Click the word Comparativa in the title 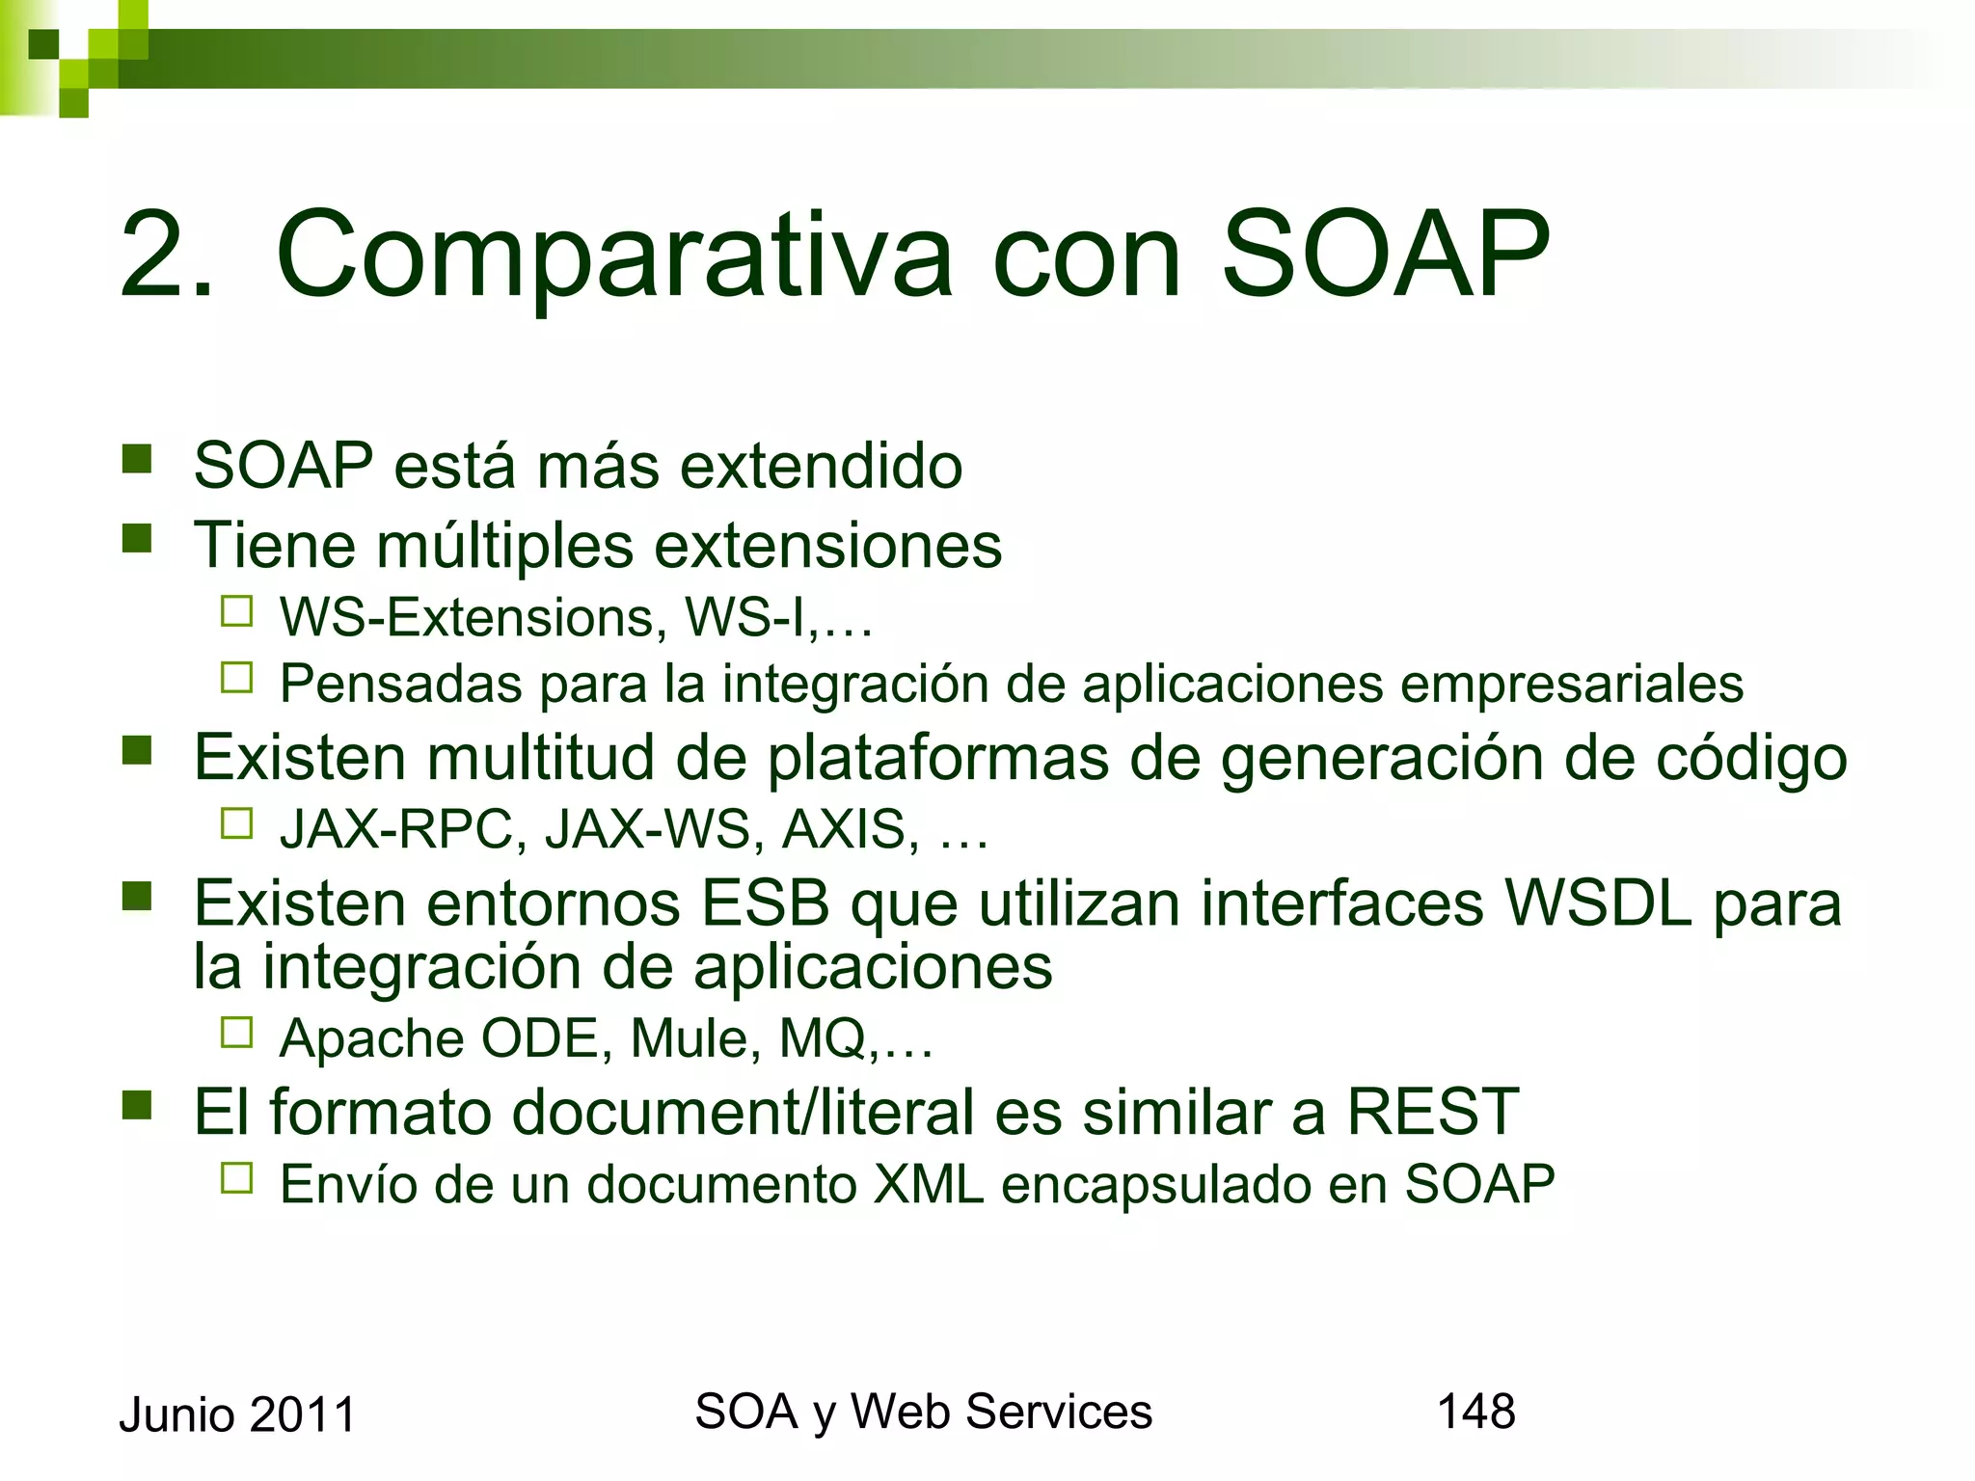coord(614,256)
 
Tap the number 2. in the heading coord(166,256)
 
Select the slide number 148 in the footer coord(1475,1412)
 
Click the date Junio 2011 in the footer coord(237,1415)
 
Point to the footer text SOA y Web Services coord(923,1412)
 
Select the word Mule coord(690,1038)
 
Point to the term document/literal coord(743,1112)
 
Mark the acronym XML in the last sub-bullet coord(928,1184)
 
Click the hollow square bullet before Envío coord(236,1178)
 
